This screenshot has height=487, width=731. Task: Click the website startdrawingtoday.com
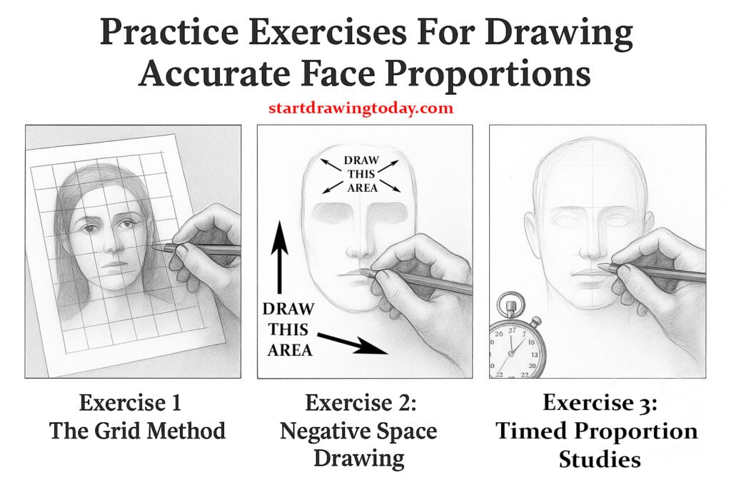coord(361,108)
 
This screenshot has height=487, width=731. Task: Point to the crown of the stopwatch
coord(511,308)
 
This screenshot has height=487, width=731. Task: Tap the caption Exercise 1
coord(130,403)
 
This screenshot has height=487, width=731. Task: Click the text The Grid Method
coord(137,431)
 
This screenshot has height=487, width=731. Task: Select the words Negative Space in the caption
coord(358,431)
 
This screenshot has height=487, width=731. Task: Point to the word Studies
coord(599,458)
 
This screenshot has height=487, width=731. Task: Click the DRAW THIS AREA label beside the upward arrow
coord(289,330)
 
